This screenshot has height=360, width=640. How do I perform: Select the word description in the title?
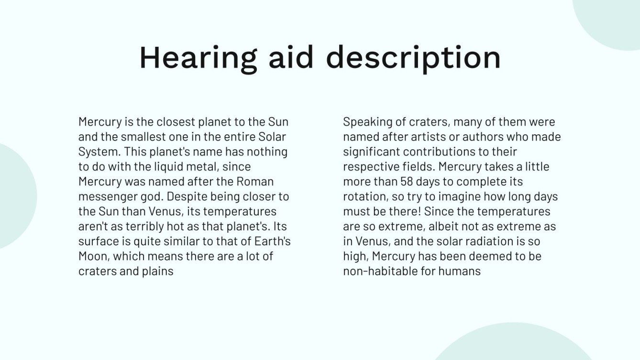(x=413, y=58)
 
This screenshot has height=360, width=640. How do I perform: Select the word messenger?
(x=108, y=197)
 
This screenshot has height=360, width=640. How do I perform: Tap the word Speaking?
(x=366, y=122)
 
